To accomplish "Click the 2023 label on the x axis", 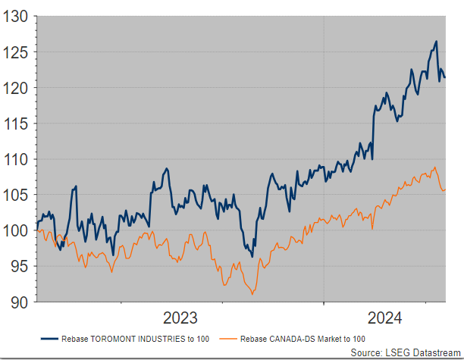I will point(180,317).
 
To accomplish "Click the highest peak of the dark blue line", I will point(436,41).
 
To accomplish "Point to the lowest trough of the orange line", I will point(252,293).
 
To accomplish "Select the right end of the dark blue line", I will point(445,77).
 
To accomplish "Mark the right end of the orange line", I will point(445,189).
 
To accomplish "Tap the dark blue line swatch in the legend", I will point(49,338).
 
